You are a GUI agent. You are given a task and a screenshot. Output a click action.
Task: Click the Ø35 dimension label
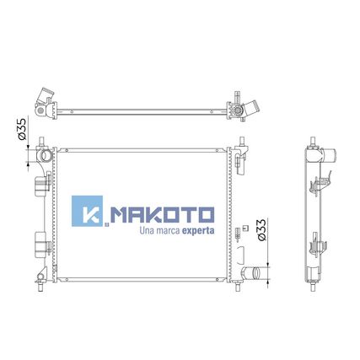[x=22, y=129]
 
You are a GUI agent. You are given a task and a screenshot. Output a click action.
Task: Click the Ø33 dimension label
[x=261, y=230]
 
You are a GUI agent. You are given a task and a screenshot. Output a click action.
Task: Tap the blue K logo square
[x=87, y=211]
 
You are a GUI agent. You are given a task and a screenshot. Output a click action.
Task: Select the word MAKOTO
[x=162, y=215]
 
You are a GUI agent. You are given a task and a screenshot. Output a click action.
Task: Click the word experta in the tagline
[x=198, y=231]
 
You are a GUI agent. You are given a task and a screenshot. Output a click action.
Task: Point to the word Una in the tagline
[x=146, y=231]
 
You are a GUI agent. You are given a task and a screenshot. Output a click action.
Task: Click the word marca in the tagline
[x=167, y=231]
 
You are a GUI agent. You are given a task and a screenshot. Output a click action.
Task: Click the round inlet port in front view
[x=46, y=156]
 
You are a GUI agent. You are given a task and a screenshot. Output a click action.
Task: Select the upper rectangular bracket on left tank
[x=41, y=185]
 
